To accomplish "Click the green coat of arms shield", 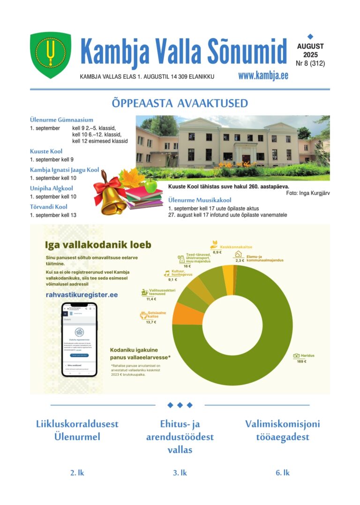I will pos(51,55).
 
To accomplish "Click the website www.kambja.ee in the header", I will pos(263,76).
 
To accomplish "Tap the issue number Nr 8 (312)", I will pos(310,63).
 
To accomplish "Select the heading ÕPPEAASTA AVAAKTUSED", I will pos(180,103).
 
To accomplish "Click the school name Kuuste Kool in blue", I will pos(46,151).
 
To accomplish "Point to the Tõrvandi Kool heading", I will pos(49,207).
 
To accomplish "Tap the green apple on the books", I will pos(150,186).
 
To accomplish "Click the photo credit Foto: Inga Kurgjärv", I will pos(307,193).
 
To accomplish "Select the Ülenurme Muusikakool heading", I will pos(200,200).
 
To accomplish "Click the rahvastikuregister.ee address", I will pos(82,295).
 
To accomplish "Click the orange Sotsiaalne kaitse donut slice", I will pos(188,314).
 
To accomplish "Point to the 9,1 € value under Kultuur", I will pos(172,279).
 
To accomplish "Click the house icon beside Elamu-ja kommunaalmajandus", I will pos(238,254).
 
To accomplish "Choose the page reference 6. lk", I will pos(282,473).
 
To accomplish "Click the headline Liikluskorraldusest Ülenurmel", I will pos(77,430).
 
